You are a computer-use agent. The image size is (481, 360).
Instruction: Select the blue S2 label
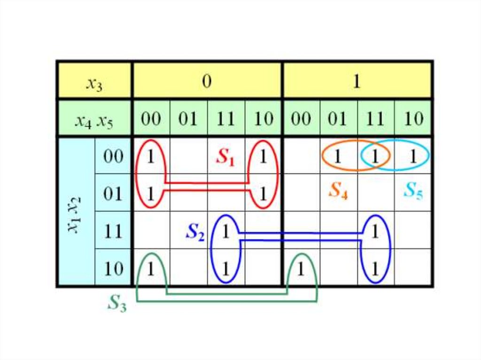pyautogui.click(x=195, y=232)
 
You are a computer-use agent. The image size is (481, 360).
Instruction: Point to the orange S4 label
pyautogui.click(x=338, y=191)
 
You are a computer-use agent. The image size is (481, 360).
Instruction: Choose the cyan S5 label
pyautogui.click(x=413, y=191)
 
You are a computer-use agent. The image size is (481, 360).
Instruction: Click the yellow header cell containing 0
pyautogui.click(x=207, y=81)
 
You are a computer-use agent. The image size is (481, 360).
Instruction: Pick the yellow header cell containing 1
pyautogui.click(x=357, y=81)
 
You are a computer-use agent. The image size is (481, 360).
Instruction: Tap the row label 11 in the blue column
pyautogui.click(x=113, y=231)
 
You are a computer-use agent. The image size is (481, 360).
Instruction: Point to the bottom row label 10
pyautogui.click(x=113, y=268)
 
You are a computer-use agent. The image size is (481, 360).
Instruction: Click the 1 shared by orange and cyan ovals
pyautogui.click(x=375, y=156)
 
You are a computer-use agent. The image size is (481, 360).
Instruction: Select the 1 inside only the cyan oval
pyautogui.click(x=413, y=156)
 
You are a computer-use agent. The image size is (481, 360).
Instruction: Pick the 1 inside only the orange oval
pyautogui.click(x=338, y=156)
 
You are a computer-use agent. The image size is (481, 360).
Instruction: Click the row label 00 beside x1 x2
pyautogui.click(x=113, y=156)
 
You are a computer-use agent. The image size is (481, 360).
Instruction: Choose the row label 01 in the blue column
pyautogui.click(x=113, y=193)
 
